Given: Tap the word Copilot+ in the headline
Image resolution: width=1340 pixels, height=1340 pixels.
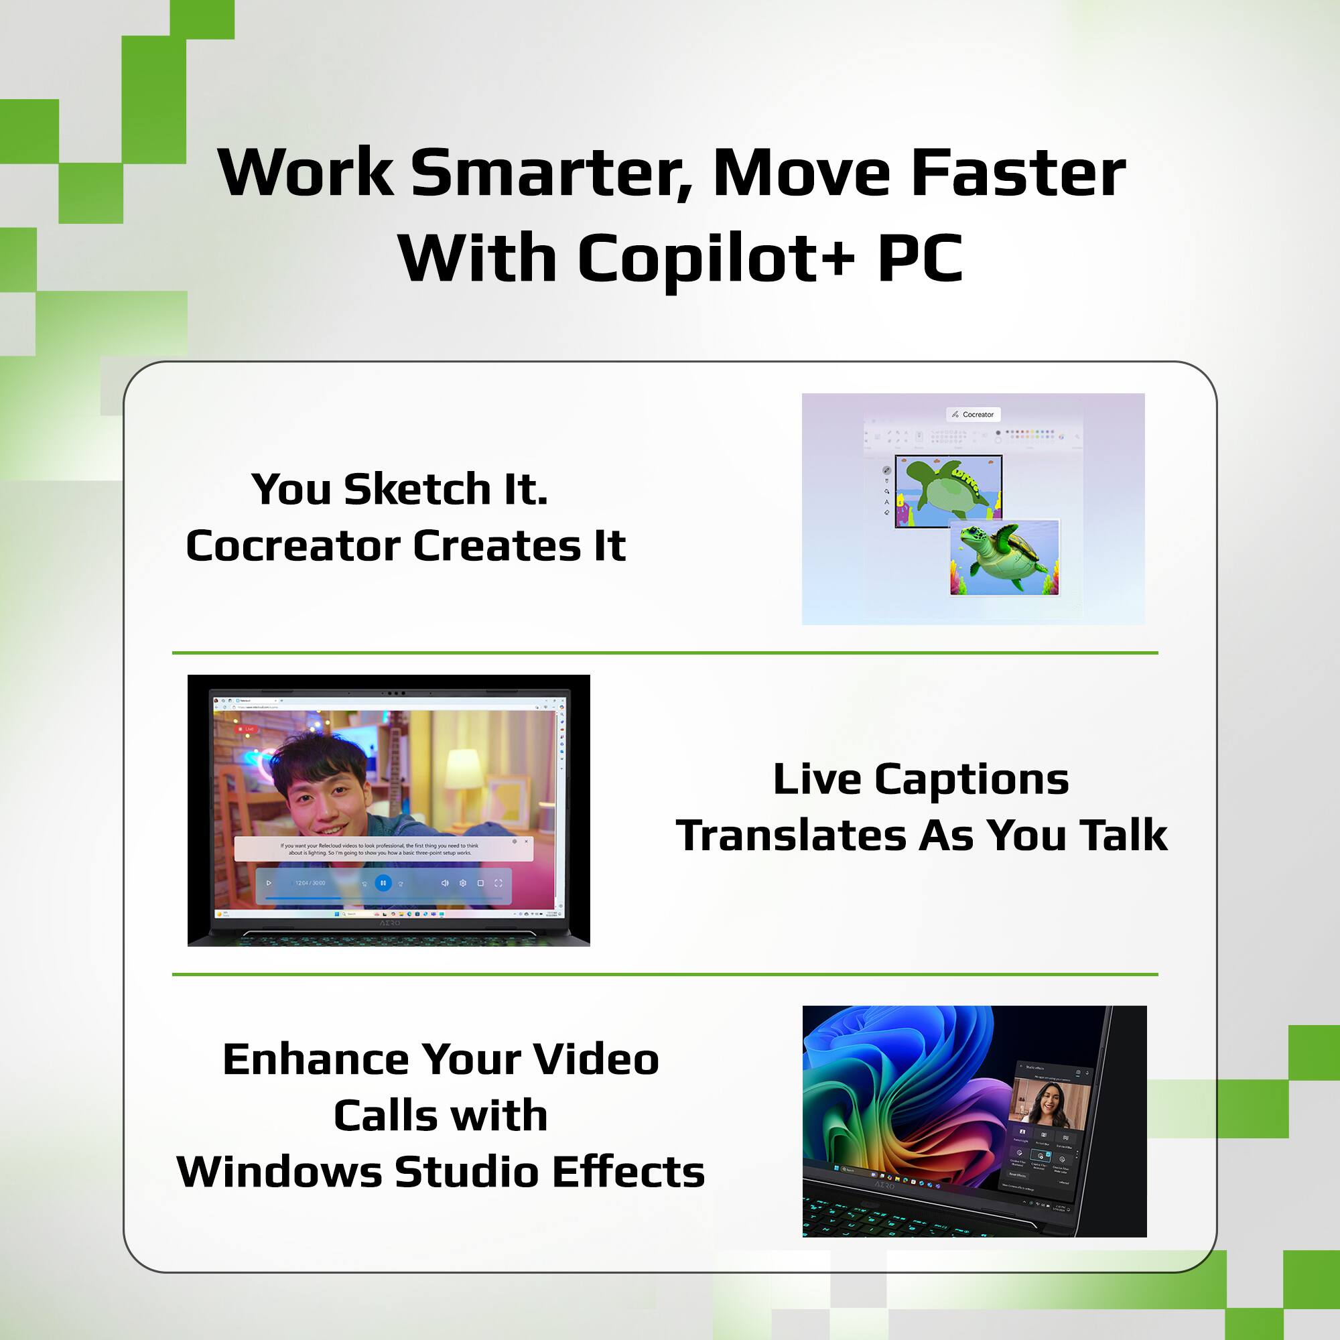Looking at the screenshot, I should pyautogui.click(x=716, y=259).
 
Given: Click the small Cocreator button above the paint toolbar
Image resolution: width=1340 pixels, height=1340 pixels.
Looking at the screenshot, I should pyautogui.click(x=973, y=414).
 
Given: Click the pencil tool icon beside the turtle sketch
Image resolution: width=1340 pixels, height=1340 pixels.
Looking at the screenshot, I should pyautogui.click(x=886, y=470).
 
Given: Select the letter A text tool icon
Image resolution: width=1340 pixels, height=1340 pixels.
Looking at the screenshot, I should pyautogui.click(x=886, y=501).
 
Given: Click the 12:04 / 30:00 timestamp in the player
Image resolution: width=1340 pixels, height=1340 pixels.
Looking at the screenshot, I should pyautogui.click(x=310, y=883).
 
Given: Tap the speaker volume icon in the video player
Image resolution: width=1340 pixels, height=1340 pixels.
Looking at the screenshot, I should pyautogui.click(x=445, y=883).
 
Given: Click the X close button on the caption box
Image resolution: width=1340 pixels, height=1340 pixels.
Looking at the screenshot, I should pyautogui.click(x=527, y=842).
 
